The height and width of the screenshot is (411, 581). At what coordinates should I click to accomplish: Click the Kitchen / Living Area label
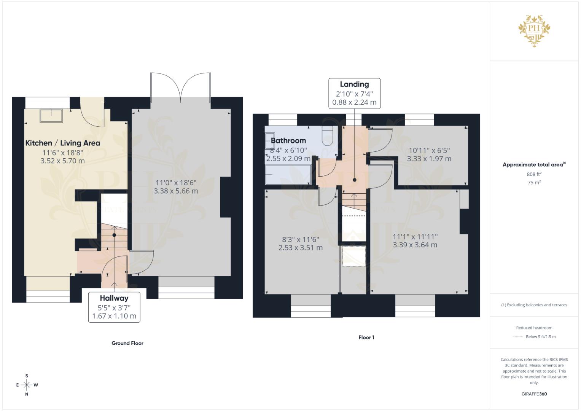(62, 143)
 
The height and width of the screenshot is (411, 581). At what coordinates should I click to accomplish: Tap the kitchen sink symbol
(51, 116)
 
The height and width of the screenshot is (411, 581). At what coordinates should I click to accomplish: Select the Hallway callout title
(114, 298)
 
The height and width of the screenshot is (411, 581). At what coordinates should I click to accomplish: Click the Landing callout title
(354, 84)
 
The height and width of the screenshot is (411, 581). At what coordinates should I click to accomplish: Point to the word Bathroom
(288, 141)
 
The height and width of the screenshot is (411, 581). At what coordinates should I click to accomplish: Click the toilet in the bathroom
(327, 136)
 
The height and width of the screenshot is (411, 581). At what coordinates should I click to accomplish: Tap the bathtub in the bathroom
(288, 175)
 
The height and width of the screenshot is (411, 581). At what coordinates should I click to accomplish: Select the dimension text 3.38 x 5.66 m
(176, 191)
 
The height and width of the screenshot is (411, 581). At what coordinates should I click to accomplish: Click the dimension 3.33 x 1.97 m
(429, 159)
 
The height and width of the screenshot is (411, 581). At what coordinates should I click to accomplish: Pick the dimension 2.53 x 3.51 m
(301, 248)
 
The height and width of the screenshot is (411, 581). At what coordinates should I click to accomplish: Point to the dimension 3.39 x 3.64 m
(415, 245)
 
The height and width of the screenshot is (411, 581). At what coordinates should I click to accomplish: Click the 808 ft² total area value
(534, 174)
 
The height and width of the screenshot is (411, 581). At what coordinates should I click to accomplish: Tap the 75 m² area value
(534, 182)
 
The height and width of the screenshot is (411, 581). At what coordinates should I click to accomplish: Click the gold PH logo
(534, 31)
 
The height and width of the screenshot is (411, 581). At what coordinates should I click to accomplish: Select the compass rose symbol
(27, 385)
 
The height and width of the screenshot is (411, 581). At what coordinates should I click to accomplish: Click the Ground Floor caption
(127, 343)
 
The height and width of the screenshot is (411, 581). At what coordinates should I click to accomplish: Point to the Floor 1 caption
(366, 337)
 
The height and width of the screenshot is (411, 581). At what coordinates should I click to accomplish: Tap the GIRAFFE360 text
(534, 394)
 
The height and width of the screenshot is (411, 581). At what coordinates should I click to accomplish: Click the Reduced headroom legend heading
(534, 328)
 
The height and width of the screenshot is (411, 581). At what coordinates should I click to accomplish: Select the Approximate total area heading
(534, 164)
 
